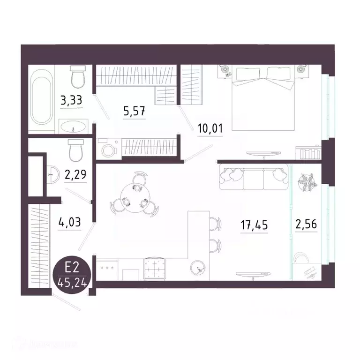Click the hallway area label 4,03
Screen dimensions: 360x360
point(70,221)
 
